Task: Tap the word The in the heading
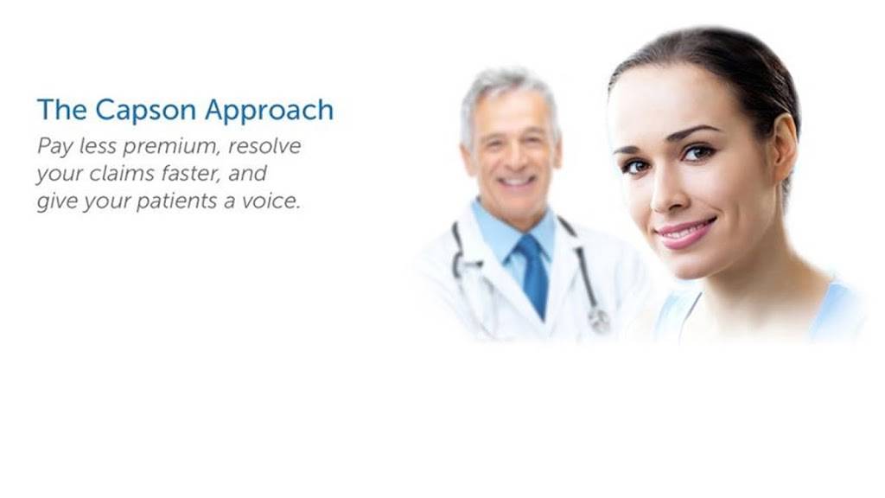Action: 61,111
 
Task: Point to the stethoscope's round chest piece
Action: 598,320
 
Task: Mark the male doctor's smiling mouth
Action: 516,181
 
